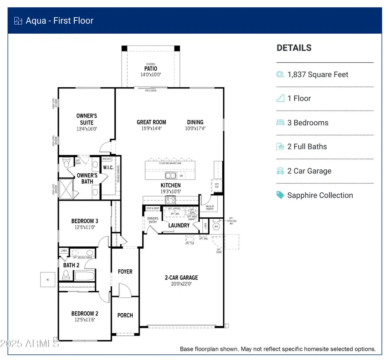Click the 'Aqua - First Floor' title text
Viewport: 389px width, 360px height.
coord(60,21)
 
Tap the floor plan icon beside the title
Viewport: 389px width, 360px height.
coord(18,21)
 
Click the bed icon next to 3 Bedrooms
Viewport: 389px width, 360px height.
coord(281,123)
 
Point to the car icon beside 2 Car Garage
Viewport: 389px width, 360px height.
coord(281,171)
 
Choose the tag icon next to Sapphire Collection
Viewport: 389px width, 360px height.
coord(281,195)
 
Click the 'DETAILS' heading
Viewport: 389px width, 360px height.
coord(294,48)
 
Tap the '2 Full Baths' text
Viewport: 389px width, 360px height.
coord(307,147)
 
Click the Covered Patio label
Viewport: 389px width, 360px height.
coord(150,69)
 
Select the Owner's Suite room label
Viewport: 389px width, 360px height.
coord(86,119)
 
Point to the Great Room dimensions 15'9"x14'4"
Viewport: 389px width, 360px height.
coord(151,128)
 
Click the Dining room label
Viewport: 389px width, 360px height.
coord(195,122)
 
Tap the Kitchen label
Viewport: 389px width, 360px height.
coord(171,185)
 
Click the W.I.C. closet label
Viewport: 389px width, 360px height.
coord(108,168)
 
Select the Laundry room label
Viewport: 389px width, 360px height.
coord(179,225)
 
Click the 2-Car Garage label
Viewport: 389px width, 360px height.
coord(181,277)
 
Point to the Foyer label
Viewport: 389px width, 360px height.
coord(125,271)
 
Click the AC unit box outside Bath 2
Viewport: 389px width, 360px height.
coord(47,279)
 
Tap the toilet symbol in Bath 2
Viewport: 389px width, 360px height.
coord(66,275)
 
